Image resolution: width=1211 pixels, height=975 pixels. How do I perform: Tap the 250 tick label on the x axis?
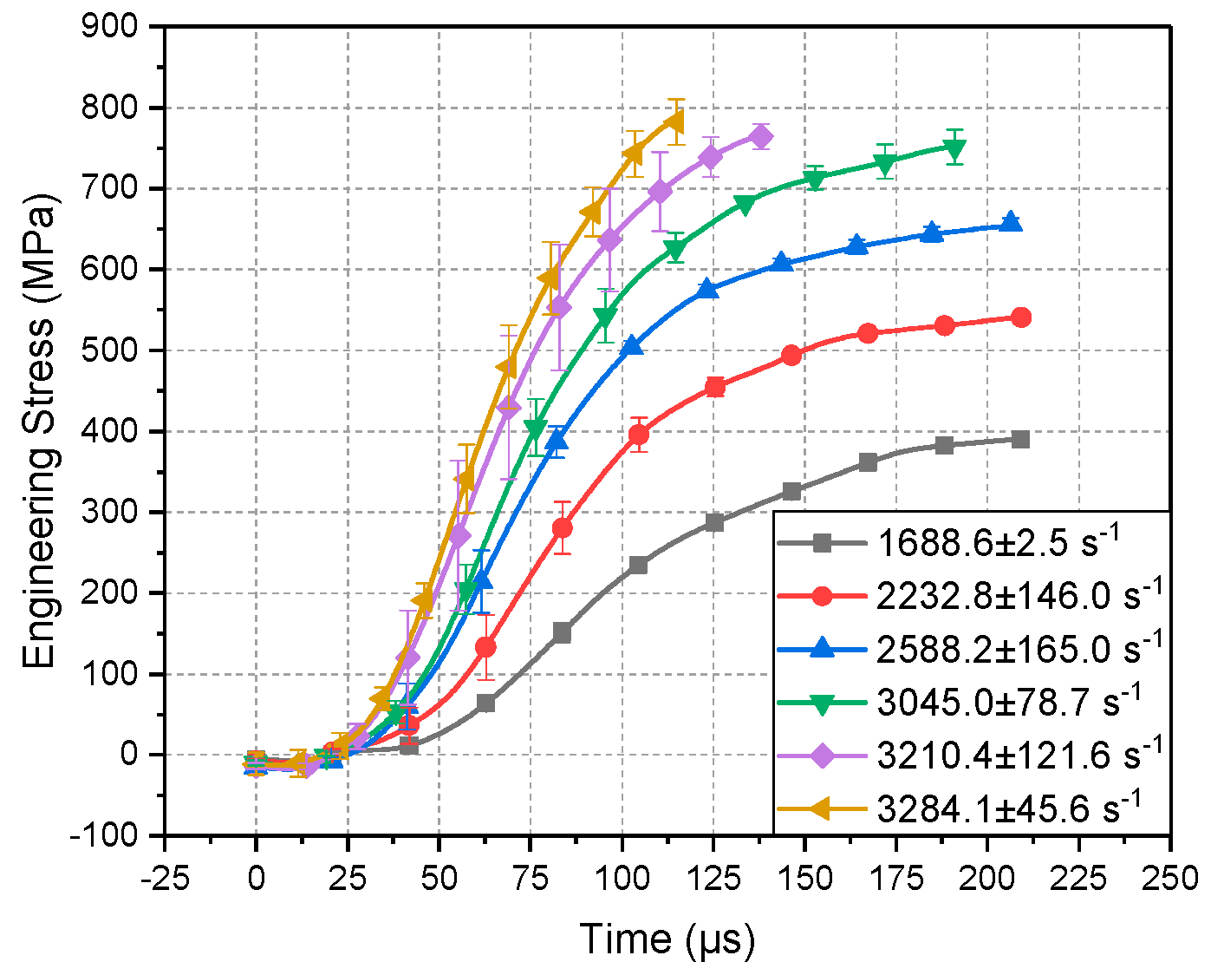pyautogui.click(x=1170, y=879)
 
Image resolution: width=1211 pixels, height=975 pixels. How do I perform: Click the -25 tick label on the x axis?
pyautogui.click(x=165, y=879)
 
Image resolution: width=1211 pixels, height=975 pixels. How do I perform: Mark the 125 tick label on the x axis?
pyautogui.click(x=713, y=879)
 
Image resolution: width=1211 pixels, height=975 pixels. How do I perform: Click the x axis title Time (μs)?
pyautogui.click(x=667, y=939)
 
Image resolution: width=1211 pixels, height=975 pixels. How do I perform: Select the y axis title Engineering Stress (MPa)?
pyautogui.click(x=40, y=430)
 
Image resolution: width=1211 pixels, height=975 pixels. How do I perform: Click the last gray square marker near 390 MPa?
pyautogui.click(x=1020, y=440)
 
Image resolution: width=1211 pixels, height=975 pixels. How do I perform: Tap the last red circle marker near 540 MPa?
pyautogui.click(x=1021, y=317)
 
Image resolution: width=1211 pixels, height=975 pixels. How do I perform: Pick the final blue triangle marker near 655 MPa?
pyautogui.click(x=1010, y=223)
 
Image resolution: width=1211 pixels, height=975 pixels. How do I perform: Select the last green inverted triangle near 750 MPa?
pyautogui.click(x=954, y=150)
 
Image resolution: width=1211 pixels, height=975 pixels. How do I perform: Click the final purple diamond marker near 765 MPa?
pyautogui.click(x=762, y=137)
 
